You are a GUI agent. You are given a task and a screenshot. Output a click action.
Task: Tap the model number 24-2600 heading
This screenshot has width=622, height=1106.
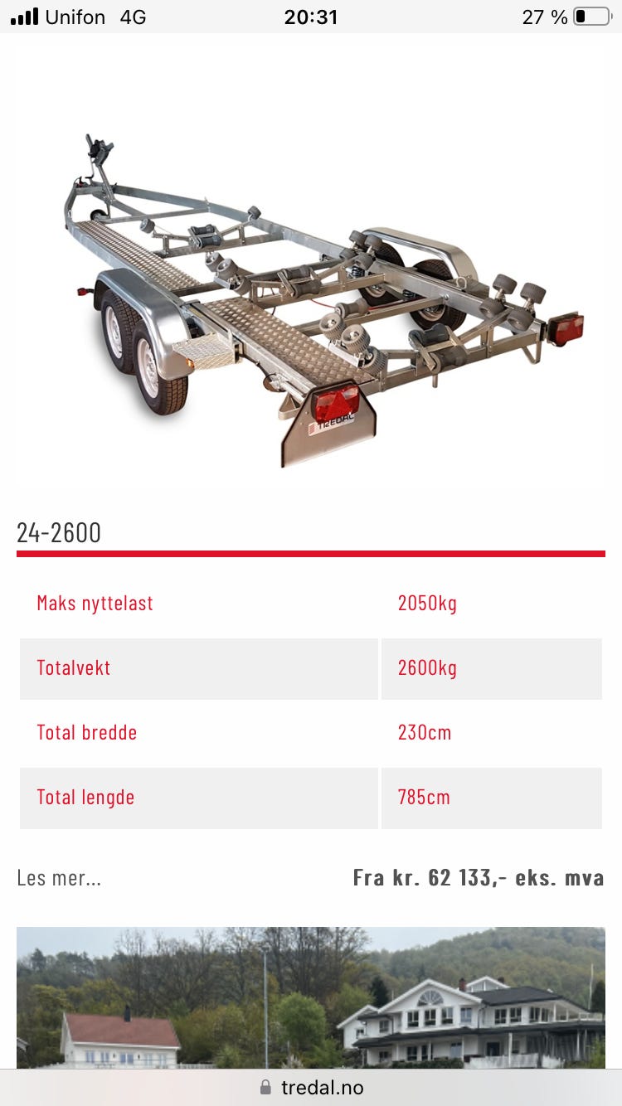59,533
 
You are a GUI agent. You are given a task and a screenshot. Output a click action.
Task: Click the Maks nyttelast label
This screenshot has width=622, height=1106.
95,604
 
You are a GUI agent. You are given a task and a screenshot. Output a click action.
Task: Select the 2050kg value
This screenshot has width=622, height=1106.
427,604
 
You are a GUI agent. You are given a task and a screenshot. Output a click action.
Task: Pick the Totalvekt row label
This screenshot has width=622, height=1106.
74,668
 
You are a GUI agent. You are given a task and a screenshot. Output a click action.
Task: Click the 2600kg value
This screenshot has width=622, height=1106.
427,668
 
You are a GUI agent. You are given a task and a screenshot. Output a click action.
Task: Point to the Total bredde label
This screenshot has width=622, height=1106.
87,733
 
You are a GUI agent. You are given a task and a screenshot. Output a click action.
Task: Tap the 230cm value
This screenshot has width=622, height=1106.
425,733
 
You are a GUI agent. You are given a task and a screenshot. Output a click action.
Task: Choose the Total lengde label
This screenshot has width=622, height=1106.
85,798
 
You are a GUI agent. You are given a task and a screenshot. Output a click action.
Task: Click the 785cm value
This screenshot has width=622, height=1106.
424,798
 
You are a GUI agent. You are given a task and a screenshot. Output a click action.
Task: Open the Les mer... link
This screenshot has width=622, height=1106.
59,878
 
